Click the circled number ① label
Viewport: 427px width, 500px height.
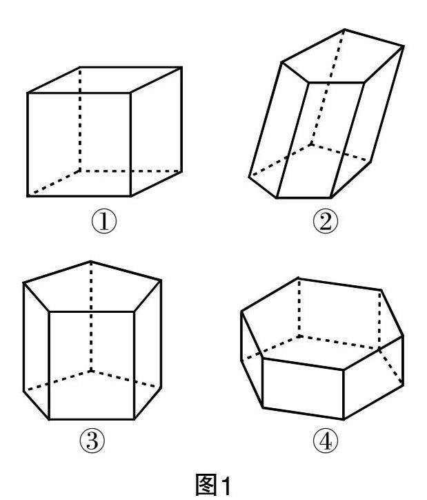(x=104, y=221)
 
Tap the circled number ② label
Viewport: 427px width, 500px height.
(x=325, y=222)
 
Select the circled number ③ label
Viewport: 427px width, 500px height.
(x=92, y=441)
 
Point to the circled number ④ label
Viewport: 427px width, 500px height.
(x=325, y=441)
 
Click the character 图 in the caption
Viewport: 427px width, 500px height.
(x=206, y=485)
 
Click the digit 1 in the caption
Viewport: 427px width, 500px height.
(x=226, y=485)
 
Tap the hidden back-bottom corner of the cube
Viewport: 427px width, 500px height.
(x=79, y=171)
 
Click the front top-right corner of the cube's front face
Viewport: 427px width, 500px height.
(x=130, y=93)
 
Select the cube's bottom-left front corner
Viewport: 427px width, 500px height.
(x=28, y=196)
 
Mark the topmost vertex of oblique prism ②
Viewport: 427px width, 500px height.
(x=344, y=30)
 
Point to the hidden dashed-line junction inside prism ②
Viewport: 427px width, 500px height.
(x=311, y=144)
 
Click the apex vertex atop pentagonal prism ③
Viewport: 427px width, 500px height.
(x=91, y=262)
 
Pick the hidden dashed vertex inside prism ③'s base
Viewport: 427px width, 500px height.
(x=91, y=371)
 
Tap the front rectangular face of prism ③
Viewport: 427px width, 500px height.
(x=92, y=365)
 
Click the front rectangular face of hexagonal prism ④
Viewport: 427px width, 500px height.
(x=303, y=388)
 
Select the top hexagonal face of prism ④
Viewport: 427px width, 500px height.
(x=321, y=324)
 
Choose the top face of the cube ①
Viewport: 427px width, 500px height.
(x=105, y=80)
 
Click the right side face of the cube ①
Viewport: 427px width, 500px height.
(x=157, y=131)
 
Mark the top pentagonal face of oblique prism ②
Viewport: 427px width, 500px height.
(x=342, y=57)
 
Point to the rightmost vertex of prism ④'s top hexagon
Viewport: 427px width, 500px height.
(x=403, y=336)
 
